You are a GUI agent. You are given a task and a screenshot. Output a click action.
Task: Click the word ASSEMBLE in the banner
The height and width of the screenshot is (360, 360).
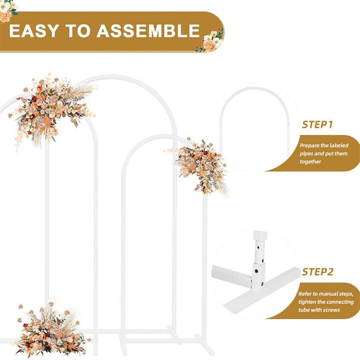point(148,31)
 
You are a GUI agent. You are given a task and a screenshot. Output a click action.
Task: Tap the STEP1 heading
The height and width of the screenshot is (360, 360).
point(317,125)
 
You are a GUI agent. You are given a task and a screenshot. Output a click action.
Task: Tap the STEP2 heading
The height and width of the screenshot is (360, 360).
point(317,272)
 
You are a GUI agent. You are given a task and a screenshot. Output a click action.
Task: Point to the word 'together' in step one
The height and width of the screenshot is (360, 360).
point(310,162)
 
